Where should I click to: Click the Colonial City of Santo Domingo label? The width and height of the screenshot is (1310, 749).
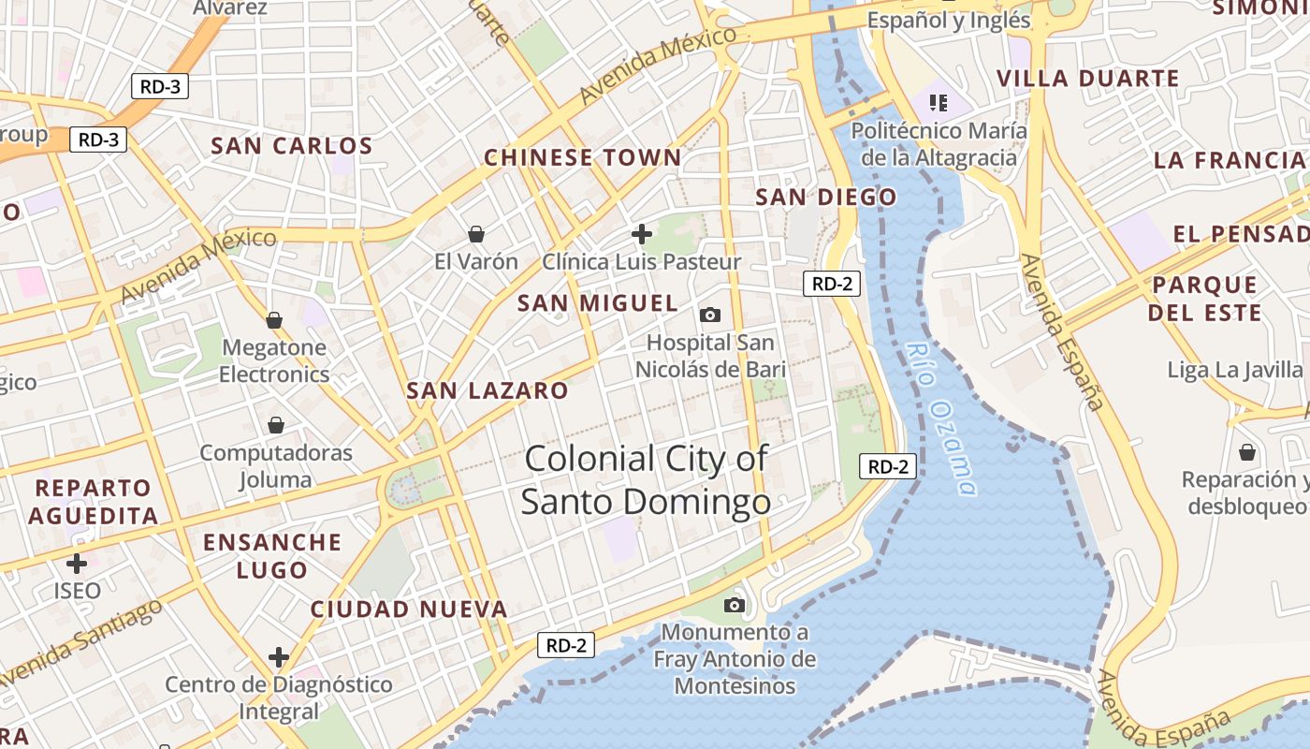[646, 480]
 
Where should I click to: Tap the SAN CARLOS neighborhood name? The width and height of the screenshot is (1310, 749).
[292, 146]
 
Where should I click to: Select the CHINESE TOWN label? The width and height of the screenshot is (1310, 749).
[582, 157]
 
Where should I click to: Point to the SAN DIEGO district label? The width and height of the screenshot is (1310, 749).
[825, 197]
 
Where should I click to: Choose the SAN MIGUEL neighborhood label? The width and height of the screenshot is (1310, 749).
[597, 303]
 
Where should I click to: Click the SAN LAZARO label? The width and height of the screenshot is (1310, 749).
[488, 390]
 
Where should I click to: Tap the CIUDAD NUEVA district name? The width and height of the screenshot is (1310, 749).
[409, 609]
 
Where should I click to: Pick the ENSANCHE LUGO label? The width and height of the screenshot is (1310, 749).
[272, 556]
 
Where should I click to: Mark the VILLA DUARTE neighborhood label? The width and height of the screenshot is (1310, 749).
[1087, 79]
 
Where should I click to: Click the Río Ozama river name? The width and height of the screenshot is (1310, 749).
[943, 418]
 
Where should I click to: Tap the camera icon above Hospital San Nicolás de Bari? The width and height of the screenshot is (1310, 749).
[710, 315]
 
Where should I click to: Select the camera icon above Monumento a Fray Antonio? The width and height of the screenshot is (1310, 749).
[735, 605]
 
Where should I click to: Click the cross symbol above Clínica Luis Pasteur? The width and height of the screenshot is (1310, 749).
[642, 233]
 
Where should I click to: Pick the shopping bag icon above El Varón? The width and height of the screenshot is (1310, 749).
[476, 233]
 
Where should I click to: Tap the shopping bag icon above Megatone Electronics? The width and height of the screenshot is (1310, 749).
[274, 320]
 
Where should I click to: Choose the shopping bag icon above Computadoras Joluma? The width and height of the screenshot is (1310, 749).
[276, 425]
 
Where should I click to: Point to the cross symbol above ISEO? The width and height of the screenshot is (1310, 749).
[77, 563]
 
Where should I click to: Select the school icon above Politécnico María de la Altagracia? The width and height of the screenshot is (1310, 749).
[939, 102]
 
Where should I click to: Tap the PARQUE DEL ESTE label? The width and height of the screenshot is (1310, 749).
[1205, 298]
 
